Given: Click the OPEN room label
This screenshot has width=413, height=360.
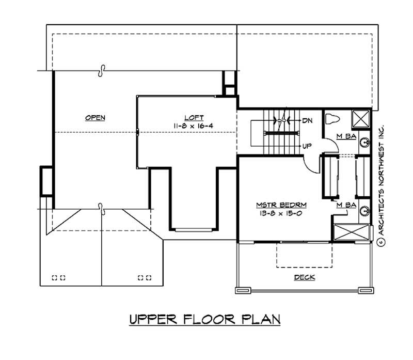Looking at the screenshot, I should (95, 118).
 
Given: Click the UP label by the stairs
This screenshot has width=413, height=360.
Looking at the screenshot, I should (307, 146).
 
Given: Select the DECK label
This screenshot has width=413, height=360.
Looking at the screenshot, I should (304, 277).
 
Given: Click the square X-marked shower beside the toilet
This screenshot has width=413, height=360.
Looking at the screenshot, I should (361, 119).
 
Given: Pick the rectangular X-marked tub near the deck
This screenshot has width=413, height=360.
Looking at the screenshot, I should (352, 233).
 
